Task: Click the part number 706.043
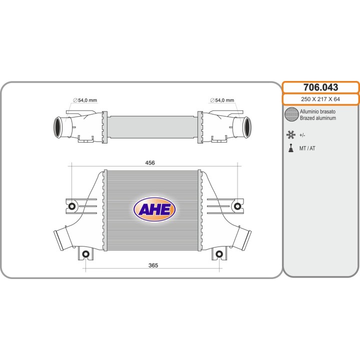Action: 320,87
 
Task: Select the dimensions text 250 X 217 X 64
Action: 320,99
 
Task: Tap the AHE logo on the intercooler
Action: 154,209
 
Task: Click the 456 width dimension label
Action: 149,163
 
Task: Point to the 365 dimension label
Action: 153,265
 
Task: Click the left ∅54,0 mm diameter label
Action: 84,100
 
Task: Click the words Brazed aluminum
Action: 317,118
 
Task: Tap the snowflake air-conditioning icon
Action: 290,134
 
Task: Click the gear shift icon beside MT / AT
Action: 290,148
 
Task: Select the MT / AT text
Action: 307,148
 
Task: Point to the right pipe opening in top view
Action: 247,127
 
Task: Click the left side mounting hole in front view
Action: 71,206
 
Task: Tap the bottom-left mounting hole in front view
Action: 85,254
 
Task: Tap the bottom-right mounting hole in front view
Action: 218,254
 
